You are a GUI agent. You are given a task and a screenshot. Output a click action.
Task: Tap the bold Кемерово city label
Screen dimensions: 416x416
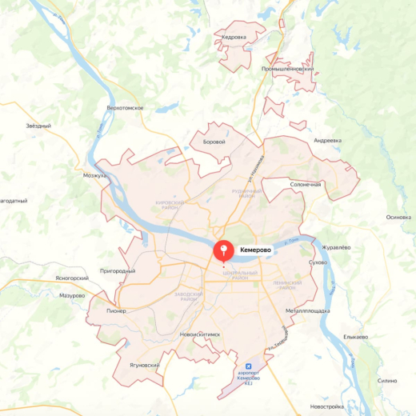[256, 250]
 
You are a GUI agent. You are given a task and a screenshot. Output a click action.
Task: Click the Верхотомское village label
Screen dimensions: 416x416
[125, 107]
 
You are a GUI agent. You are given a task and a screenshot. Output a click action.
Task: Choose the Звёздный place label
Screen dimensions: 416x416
[38, 126]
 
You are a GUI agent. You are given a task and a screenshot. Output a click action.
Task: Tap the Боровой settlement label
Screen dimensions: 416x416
[215, 142]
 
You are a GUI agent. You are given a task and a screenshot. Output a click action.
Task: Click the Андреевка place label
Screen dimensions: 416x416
[327, 140]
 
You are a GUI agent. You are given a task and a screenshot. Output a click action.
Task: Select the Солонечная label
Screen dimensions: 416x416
[306, 185]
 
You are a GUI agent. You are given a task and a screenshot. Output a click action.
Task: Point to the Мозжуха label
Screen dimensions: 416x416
[94, 174]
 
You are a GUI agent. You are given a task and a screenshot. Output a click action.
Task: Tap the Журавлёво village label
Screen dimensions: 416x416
[335, 246]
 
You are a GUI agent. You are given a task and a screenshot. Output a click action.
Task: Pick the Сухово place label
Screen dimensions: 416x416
[318, 262]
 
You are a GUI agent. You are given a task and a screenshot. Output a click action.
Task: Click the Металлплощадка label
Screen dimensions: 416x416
[307, 310]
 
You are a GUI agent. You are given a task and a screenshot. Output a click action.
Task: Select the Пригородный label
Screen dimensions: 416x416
[118, 271]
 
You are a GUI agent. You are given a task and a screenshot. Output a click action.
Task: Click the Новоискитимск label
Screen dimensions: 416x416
[199, 334]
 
